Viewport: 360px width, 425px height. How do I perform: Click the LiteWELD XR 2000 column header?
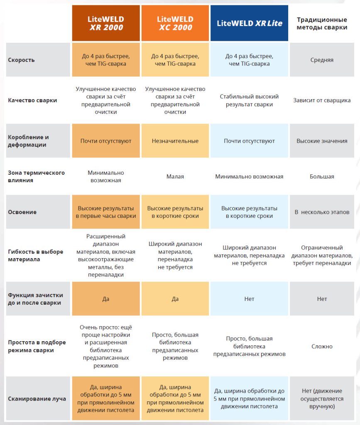click(106, 23)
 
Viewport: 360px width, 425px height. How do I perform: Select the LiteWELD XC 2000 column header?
click(175, 23)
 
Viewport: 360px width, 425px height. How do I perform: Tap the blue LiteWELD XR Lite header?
click(249, 23)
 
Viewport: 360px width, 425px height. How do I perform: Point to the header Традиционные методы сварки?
click(322, 23)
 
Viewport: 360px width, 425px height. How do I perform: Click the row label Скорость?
click(22, 60)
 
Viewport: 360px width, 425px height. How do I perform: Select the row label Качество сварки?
click(32, 100)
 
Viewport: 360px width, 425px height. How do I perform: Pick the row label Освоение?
click(22, 212)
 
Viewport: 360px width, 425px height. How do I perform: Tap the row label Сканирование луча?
click(37, 399)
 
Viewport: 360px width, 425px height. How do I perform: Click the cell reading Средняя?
click(322, 60)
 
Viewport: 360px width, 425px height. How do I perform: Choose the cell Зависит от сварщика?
click(322, 100)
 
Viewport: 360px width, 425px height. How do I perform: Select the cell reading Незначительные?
click(175, 141)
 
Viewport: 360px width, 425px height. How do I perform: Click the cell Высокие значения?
click(322, 141)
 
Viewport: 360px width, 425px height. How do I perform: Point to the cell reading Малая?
click(175, 176)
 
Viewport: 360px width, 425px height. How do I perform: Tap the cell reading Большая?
click(322, 176)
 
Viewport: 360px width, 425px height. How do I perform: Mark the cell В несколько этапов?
click(322, 212)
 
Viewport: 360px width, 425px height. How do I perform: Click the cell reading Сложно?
click(322, 346)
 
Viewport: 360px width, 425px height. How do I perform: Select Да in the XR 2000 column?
click(106, 299)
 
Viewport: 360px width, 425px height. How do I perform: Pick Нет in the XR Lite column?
click(249, 299)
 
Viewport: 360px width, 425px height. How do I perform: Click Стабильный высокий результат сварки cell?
click(249, 100)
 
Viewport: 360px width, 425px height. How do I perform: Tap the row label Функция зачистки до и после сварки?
click(35, 299)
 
